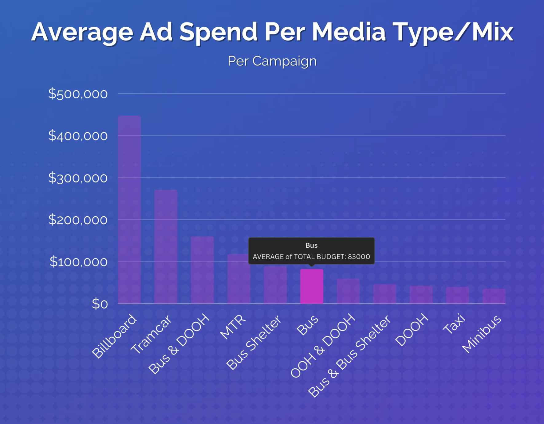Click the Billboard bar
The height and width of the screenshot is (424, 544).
pos(129,210)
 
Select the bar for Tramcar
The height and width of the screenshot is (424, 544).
pos(166,247)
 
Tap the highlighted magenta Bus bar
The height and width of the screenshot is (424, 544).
pos(311,286)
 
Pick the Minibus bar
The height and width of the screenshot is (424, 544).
pos(494,296)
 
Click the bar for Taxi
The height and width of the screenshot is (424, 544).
pos(457,295)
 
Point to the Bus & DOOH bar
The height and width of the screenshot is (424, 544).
pos(202,270)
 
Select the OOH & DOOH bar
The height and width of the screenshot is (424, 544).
pos(348,291)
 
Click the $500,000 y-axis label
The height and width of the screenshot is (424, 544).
pos(78,94)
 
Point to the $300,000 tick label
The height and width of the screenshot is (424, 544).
pos(78,178)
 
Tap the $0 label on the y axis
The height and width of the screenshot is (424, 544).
pos(100,304)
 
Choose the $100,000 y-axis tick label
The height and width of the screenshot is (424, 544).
pos(79,262)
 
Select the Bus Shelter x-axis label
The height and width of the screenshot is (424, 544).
pos(254,342)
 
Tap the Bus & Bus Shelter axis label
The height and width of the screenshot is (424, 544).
pos(349,356)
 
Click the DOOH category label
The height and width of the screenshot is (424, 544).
pos(412,330)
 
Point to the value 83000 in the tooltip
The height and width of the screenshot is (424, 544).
pos(359,257)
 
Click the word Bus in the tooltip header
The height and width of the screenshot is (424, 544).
pos(311,245)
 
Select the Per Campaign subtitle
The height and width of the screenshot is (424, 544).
pos(272,61)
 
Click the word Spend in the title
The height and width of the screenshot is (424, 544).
pos(219,32)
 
